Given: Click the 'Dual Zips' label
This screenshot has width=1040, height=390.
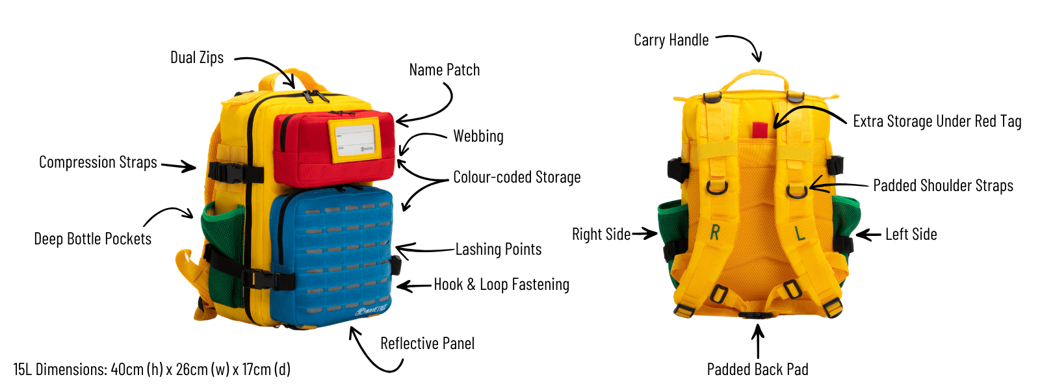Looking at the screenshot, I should click(196, 58).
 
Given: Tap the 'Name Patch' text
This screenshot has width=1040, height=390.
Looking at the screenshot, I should click(444, 70).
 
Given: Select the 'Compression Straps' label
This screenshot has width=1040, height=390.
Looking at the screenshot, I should click(97, 162).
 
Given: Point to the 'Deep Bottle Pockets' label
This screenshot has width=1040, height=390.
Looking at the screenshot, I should click(92, 239).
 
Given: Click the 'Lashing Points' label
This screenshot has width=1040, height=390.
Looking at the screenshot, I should click(498, 250).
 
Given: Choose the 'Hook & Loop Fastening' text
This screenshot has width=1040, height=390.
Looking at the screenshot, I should click(501, 285).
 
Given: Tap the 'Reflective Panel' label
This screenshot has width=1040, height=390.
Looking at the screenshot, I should click(427, 344).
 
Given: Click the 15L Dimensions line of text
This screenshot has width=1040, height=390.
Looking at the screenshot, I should click(151, 370).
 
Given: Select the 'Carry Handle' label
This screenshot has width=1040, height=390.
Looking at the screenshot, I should click(671, 40).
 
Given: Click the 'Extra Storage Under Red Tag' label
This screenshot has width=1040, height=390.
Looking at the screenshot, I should click(937, 122).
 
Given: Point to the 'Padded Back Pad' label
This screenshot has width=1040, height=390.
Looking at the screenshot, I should click(757, 370).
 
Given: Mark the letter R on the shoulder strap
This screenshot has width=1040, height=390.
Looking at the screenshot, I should click(715, 232).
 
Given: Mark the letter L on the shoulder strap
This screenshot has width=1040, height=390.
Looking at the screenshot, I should click(800, 233).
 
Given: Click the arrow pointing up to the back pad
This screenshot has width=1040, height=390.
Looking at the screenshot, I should click(758, 340).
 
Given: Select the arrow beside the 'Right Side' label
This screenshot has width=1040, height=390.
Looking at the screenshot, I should click(644, 233).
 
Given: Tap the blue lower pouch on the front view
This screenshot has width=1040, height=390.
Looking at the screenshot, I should click(331, 257).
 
